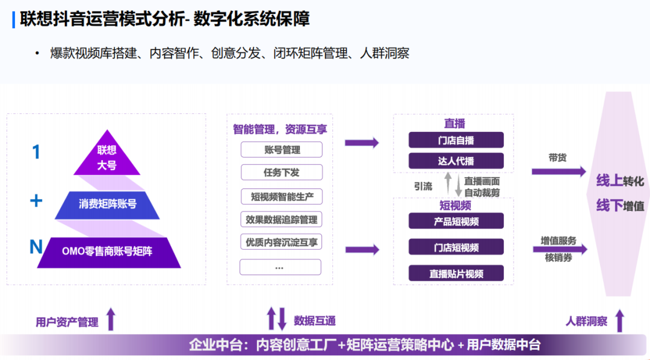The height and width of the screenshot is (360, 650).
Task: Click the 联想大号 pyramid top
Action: point(107,157)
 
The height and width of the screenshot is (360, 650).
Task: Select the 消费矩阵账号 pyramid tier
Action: point(107,204)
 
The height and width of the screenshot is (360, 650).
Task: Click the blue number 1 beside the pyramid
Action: point(36,152)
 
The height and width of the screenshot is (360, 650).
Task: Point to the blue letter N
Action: point(36,247)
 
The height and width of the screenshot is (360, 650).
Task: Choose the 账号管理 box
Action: point(281,150)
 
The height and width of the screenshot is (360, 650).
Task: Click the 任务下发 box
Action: point(281,173)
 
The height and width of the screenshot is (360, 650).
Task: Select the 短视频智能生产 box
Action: point(281,196)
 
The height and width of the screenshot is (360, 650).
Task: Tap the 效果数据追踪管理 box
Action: point(281,219)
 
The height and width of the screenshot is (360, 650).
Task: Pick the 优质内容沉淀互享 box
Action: point(281,243)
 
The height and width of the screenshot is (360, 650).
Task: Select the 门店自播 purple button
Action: point(456,140)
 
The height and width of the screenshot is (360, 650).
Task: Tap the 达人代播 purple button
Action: point(456,161)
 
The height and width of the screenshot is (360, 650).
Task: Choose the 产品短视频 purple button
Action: point(456,221)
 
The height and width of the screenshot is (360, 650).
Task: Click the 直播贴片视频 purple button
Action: point(456,273)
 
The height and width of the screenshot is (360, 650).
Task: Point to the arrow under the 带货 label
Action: point(558,172)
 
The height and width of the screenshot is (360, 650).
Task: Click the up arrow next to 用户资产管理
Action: point(110,319)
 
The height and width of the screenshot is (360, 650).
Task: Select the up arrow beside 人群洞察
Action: point(619,320)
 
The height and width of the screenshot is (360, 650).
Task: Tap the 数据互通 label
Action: point(315,321)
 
